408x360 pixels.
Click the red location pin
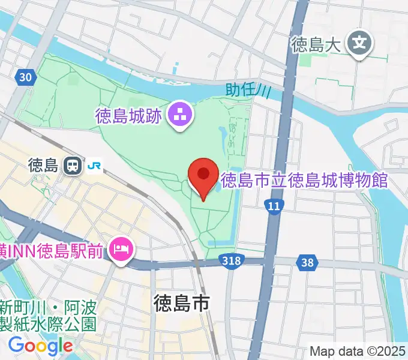tap(203, 175)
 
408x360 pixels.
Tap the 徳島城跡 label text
tap(128, 116)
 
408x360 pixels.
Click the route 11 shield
tap(274, 206)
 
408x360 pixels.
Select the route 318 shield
tap(230, 261)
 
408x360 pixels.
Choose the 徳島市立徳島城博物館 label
tap(305, 179)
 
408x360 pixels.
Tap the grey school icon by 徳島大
tap(360, 43)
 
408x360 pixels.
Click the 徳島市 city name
tap(181, 303)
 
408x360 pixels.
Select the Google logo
tap(41, 346)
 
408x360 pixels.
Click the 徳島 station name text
tap(42, 164)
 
